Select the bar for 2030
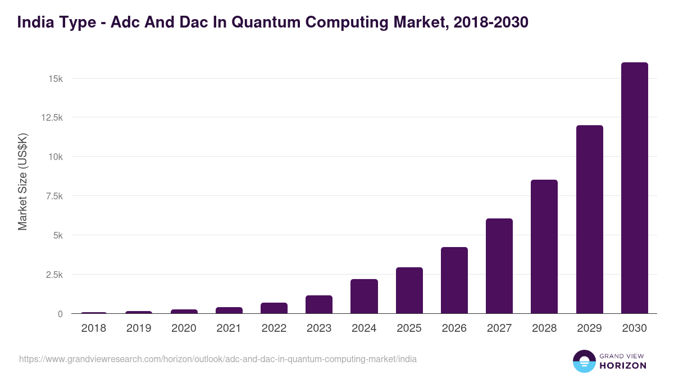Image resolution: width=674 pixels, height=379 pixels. [634, 188]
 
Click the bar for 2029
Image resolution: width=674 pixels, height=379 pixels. [589, 220]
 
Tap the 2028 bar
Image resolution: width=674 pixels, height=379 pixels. [544, 246]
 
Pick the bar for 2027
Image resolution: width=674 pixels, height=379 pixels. [499, 266]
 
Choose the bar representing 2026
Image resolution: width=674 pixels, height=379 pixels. [454, 280]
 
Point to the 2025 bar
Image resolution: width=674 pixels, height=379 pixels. [409, 290]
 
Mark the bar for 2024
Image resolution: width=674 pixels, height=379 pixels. [364, 296]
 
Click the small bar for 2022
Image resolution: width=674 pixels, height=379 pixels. [274, 308]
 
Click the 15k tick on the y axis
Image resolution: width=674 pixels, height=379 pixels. [55, 78]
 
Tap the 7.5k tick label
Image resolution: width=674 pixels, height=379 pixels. [53, 196]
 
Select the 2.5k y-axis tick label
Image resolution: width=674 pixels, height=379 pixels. [53, 275]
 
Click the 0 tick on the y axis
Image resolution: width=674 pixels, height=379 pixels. [60, 314]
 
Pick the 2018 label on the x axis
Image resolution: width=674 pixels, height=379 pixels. [94, 328]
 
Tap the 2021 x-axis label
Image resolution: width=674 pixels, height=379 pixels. [229, 328]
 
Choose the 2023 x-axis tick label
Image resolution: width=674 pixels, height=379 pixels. [319, 328]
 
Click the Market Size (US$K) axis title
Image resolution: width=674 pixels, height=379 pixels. [22, 181]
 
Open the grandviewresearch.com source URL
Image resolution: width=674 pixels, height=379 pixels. [218, 359]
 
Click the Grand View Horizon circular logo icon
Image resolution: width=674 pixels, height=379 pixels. [584, 362]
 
